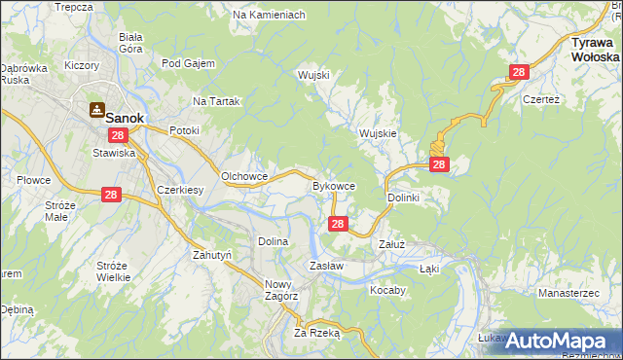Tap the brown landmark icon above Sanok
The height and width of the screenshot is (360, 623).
click(98, 109)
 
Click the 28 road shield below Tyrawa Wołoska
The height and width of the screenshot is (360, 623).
click(519, 72)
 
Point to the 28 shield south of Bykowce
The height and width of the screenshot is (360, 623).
click(337, 224)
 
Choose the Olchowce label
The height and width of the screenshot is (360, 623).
click(245, 176)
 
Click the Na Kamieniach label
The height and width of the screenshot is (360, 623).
click(270, 16)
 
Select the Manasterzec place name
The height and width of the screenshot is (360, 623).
click(571, 292)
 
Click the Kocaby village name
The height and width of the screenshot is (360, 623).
click(386, 290)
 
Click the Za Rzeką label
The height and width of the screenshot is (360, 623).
click(316, 332)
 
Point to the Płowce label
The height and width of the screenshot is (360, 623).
click(33, 180)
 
